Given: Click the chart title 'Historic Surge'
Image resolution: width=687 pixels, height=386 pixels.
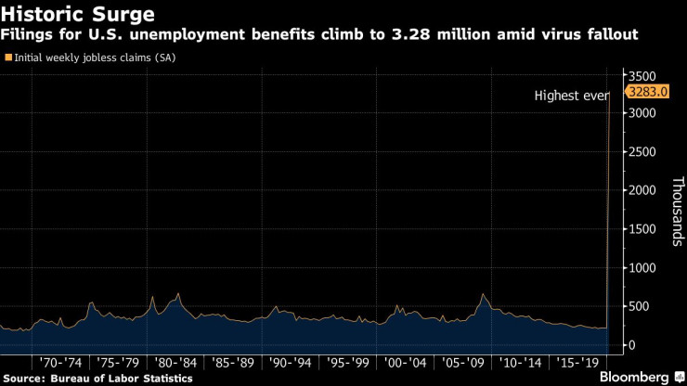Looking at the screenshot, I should [78, 15].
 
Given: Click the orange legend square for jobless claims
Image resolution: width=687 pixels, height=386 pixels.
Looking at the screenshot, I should [9, 58].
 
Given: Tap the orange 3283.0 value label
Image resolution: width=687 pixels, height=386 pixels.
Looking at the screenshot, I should [647, 92].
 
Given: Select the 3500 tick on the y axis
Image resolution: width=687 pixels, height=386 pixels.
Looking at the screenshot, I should [642, 75].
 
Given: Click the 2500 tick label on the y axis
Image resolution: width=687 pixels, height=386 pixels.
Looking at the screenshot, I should [642, 152].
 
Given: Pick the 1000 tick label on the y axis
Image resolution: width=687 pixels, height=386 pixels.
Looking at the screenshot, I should [642, 267].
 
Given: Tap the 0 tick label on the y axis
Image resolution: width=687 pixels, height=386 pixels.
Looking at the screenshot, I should [631, 345].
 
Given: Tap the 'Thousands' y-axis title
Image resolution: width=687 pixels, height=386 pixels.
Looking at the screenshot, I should [677, 212].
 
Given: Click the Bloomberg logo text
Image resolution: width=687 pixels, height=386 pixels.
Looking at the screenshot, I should [635, 377].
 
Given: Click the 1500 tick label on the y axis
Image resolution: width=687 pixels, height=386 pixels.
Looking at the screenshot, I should [642, 229].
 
